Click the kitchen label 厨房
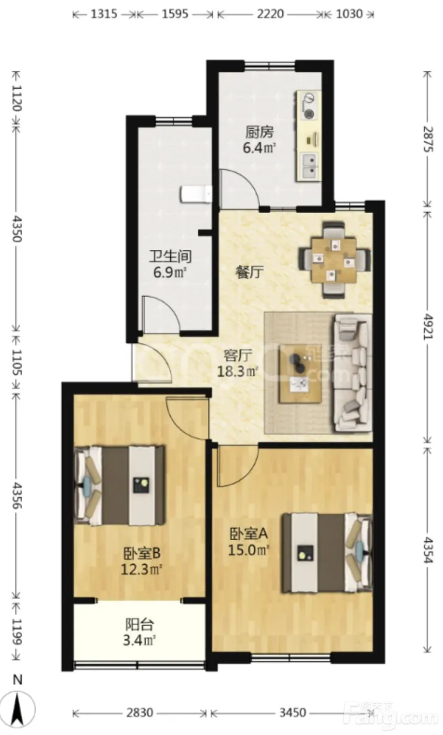coord(260,132)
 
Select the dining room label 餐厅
coord(250,272)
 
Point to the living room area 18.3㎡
coord(238,372)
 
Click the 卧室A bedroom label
coord(249,534)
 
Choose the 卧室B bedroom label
coord(142,553)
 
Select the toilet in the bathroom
coord(196,194)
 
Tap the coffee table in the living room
coord(300,373)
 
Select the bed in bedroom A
coord(327,553)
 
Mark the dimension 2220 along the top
coord(270,14)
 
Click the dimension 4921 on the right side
coord(428,327)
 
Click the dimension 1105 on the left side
coord(17,362)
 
